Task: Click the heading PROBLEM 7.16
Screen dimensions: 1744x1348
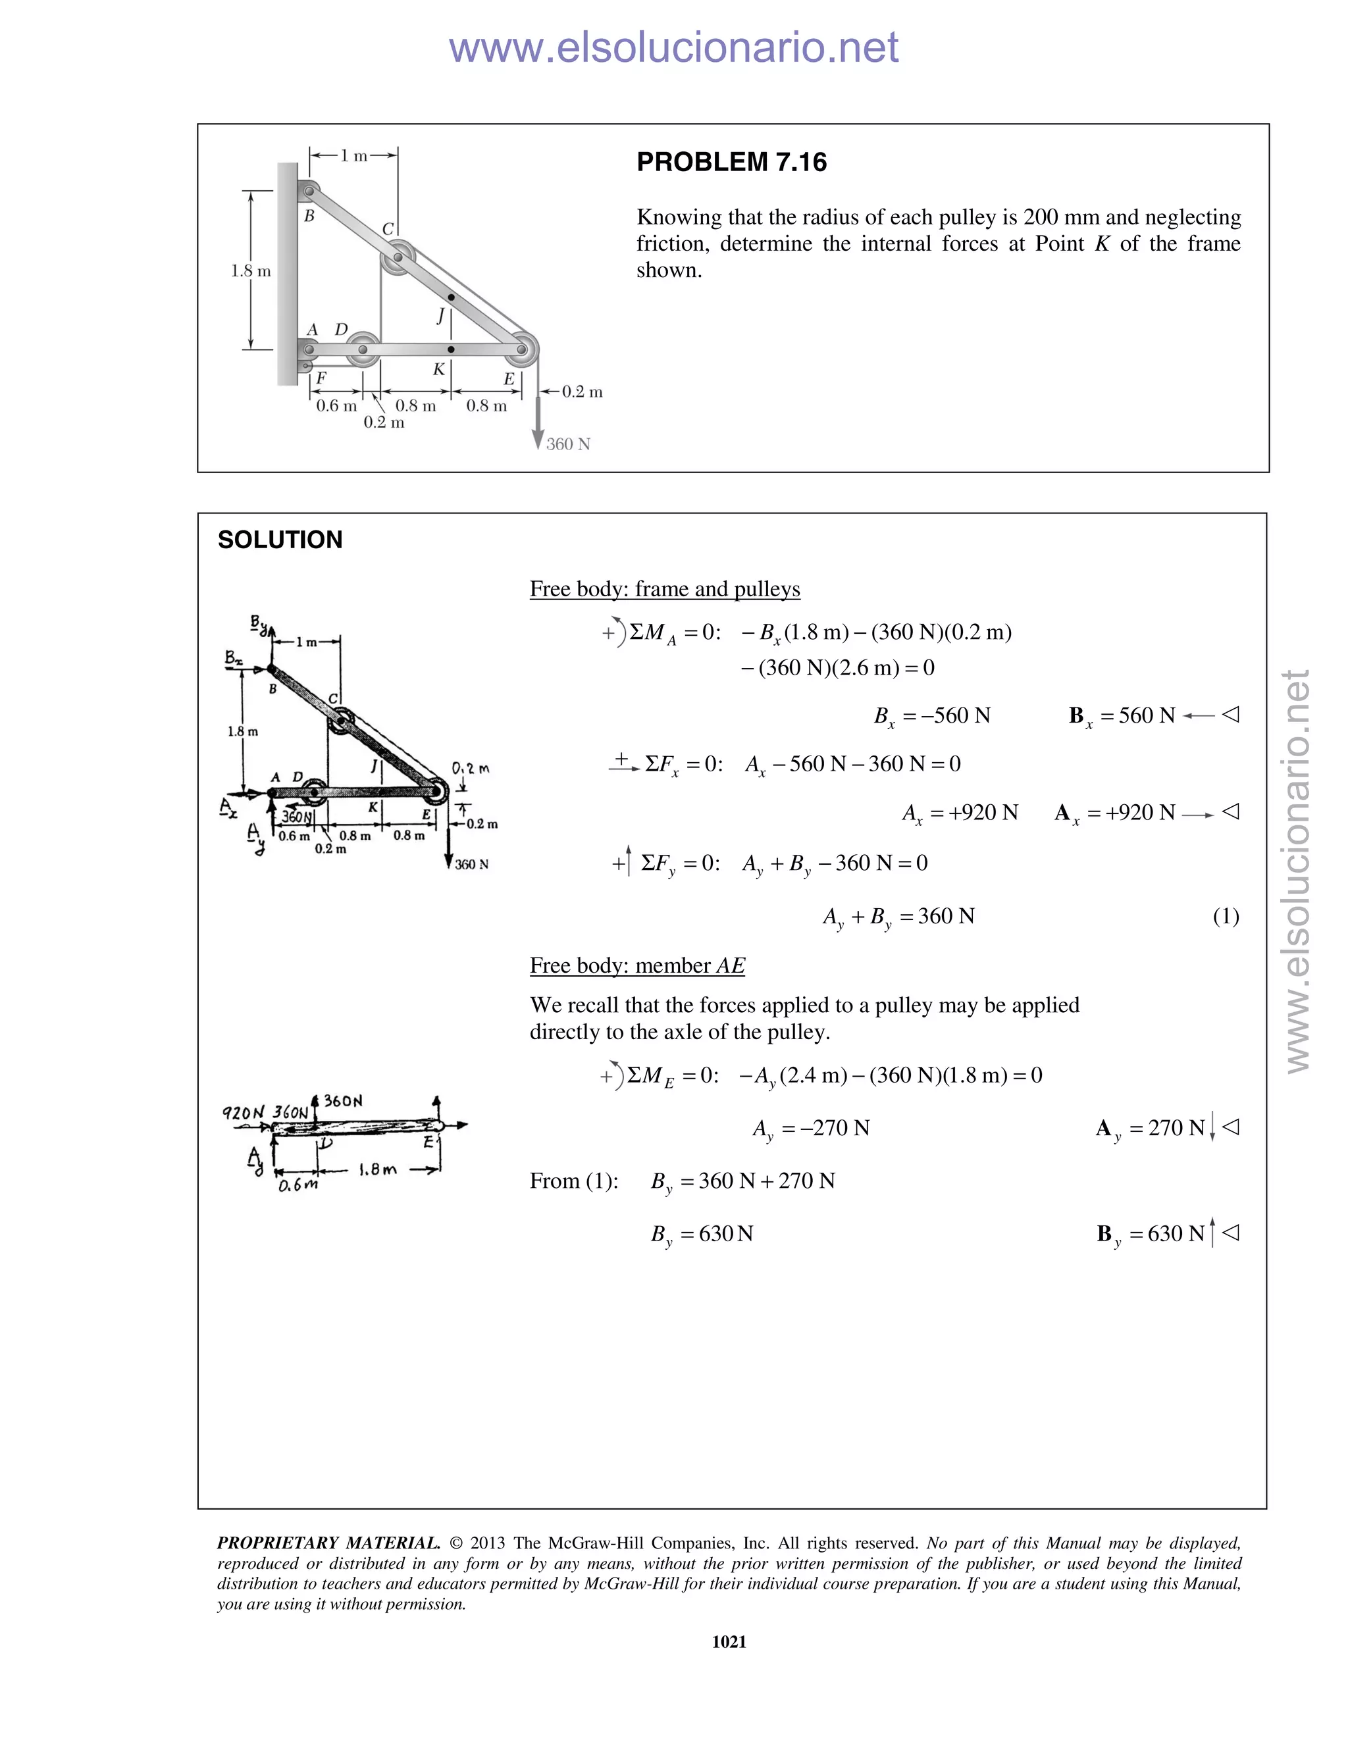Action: pyautogui.click(x=731, y=162)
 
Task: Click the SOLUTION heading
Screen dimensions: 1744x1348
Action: pyautogui.click(x=280, y=540)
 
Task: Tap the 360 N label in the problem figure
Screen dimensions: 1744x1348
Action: pyautogui.click(x=568, y=444)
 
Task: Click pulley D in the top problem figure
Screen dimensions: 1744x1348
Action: pyautogui.click(x=363, y=349)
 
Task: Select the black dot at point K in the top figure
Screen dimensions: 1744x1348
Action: pyautogui.click(x=451, y=349)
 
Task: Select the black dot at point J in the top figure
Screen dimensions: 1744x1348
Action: pyautogui.click(x=451, y=297)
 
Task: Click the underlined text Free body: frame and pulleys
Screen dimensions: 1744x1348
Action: pyautogui.click(x=664, y=589)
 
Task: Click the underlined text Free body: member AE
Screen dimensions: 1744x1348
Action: pyautogui.click(x=637, y=965)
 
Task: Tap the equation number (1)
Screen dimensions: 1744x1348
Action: pyautogui.click(x=1226, y=916)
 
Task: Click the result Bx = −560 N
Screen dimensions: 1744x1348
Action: pyautogui.click(x=932, y=715)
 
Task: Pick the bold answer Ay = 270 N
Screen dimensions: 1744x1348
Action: pyautogui.click(x=1150, y=1128)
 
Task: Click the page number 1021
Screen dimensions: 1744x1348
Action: pyautogui.click(x=729, y=1642)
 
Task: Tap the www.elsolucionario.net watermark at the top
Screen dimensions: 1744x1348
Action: pyautogui.click(x=673, y=47)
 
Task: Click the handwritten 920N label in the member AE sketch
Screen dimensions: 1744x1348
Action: pyautogui.click(x=243, y=1112)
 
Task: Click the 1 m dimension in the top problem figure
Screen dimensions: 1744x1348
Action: pyautogui.click(x=353, y=156)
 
